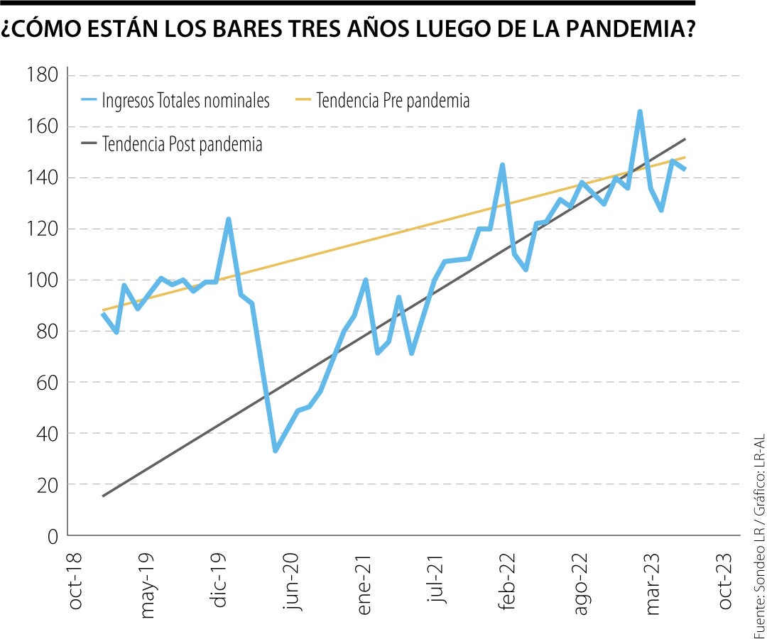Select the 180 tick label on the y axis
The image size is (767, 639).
pyautogui.click(x=42, y=75)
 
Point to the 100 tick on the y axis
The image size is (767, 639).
pyautogui.click(x=42, y=280)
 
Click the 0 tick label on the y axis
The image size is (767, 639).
pyautogui.click(x=52, y=536)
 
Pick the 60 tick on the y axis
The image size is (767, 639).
pyautogui.click(x=46, y=382)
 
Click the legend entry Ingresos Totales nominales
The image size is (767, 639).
pyautogui.click(x=185, y=101)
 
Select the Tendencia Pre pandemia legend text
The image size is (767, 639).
pyautogui.click(x=393, y=101)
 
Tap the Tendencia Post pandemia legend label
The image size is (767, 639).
pyautogui.click(x=183, y=144)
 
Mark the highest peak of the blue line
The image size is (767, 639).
pyautogui.click(x=640, y=111)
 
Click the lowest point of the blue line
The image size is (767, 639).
pyautogui.click(x=276, y=451)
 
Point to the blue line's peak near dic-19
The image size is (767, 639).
pyautogui.click(x=229, y=219)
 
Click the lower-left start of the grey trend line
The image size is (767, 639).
pyautogui.click(x=103, y=496)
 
